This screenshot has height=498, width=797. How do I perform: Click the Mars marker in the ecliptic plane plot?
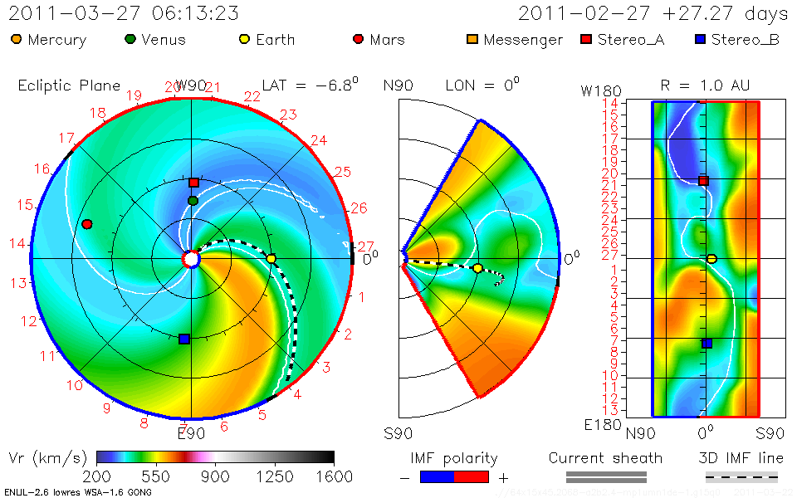click(x=86, y=224)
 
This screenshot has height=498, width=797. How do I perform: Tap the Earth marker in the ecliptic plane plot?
click(x=271, y=259)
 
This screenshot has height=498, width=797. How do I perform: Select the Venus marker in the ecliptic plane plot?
click(x=193, y=200)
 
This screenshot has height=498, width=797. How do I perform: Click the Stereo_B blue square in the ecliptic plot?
click(x=184, y=339)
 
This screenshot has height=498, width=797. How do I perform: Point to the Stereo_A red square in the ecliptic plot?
click(x=193, y=183)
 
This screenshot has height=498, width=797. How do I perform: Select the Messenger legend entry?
click(x=515, y=40)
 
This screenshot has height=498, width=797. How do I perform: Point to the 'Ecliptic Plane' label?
click(x=69, y=85)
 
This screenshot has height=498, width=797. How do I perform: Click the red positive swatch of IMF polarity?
click(x=472, y=476)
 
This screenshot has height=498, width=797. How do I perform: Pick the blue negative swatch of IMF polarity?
click(x=437, y=476)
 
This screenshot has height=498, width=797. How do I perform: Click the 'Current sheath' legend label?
click(x=605, y=458)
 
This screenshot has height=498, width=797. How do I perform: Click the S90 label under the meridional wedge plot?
click(x=398, y=432)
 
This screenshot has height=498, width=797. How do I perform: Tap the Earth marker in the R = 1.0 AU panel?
click(x=711, y=259)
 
